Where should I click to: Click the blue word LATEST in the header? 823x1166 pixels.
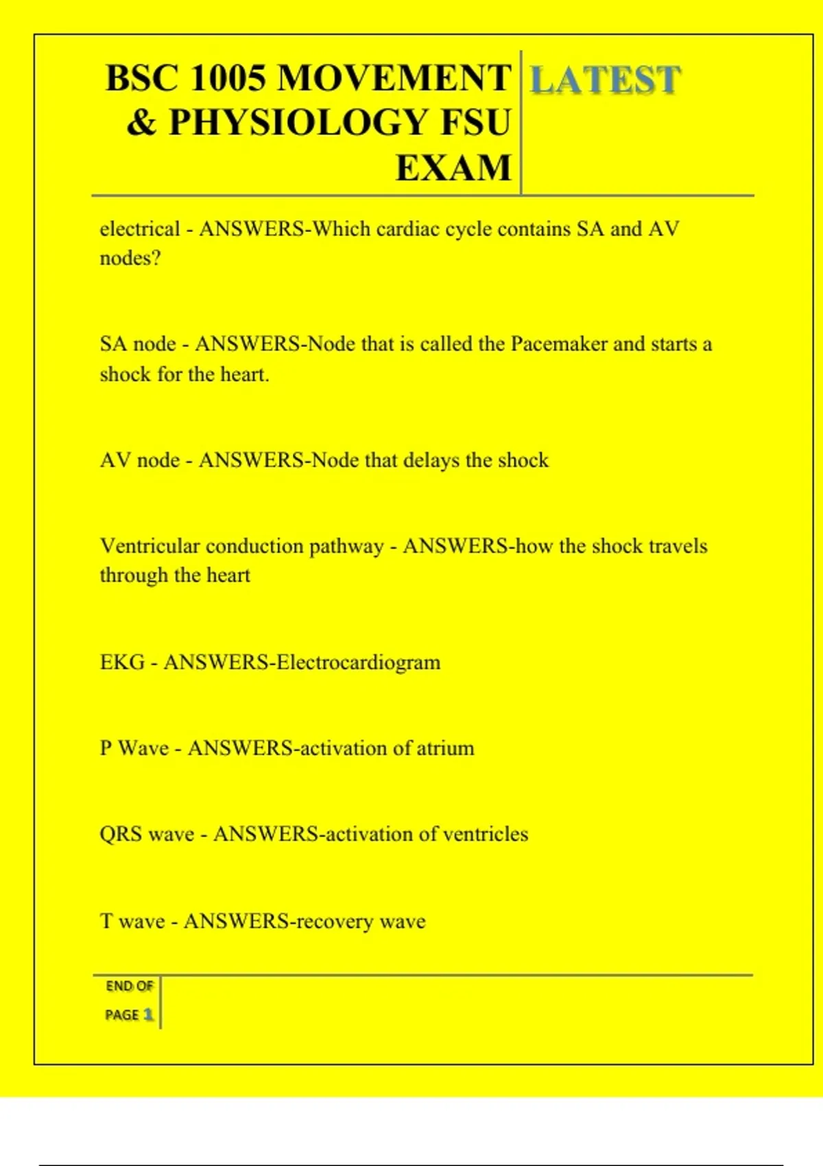click(605, 80)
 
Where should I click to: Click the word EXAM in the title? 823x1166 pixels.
click(453, 168)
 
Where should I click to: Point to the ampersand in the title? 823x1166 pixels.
click(141, 123)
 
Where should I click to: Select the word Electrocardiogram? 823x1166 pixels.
click(359, 663)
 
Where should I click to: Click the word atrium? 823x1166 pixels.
click(446, 748)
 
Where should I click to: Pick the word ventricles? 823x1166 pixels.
click(486, 834)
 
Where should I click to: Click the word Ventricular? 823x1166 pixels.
click(150, 546)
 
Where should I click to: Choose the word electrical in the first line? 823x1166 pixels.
click(140, 229)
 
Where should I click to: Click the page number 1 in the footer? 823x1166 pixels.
click(148, 1014)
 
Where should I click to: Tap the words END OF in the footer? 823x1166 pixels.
click(129, 986)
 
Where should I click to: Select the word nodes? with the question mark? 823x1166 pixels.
click(130, 259)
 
